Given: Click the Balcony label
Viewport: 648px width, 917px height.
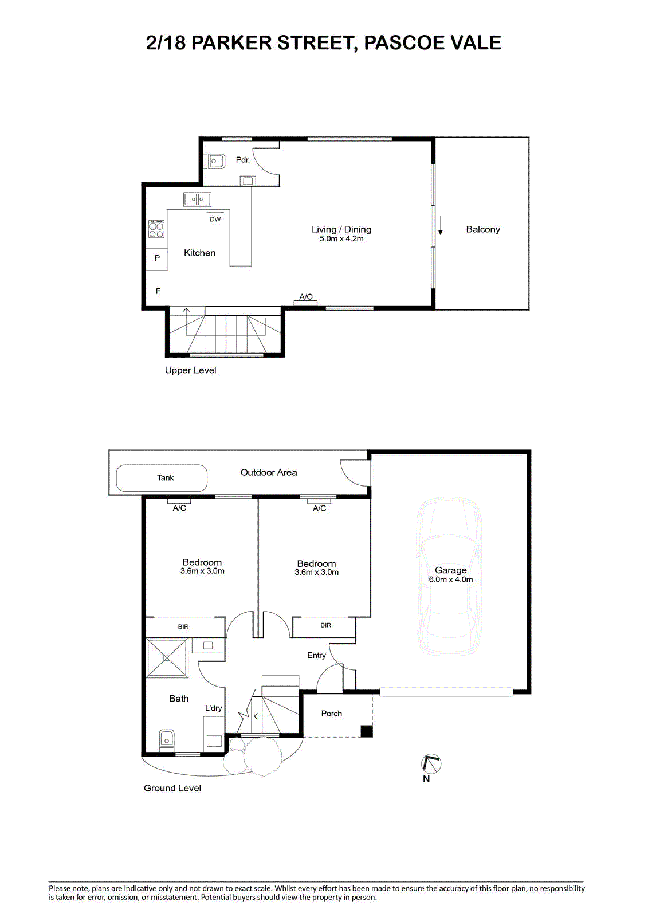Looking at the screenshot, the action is coord(482,229).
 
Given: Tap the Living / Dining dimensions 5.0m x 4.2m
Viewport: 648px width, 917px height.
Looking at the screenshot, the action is coord(341,238).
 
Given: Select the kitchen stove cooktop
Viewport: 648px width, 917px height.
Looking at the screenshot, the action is coord(156,229).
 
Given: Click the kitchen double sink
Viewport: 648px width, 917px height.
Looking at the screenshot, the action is coord(197,199).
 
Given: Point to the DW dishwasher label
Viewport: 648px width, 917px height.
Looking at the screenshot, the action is coord(215,219).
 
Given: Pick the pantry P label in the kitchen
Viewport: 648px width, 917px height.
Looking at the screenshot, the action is coord(157,258).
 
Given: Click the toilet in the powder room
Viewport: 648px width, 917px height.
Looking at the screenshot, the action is coord(215,161).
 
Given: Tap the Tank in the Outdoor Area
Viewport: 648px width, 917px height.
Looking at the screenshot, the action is coord(162,478).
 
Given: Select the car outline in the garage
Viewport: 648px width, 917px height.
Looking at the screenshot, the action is coord(449,576).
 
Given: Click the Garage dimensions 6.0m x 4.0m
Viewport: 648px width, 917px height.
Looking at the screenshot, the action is coord(451,579).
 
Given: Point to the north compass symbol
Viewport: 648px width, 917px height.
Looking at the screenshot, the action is coord(431,763).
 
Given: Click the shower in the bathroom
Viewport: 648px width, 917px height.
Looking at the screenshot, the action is coord(167,657).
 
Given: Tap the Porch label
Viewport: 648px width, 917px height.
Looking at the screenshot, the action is coord(331,713).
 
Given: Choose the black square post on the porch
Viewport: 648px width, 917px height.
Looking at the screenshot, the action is coord(366,731).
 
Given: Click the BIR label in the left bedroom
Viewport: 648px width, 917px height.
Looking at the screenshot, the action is coord(183,627).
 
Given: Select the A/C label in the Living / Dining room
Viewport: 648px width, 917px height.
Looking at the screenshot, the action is coord(306,296).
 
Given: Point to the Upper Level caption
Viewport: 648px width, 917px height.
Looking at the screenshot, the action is coord(190,370).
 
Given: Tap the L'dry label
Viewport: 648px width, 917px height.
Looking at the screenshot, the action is coord(213,708).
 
